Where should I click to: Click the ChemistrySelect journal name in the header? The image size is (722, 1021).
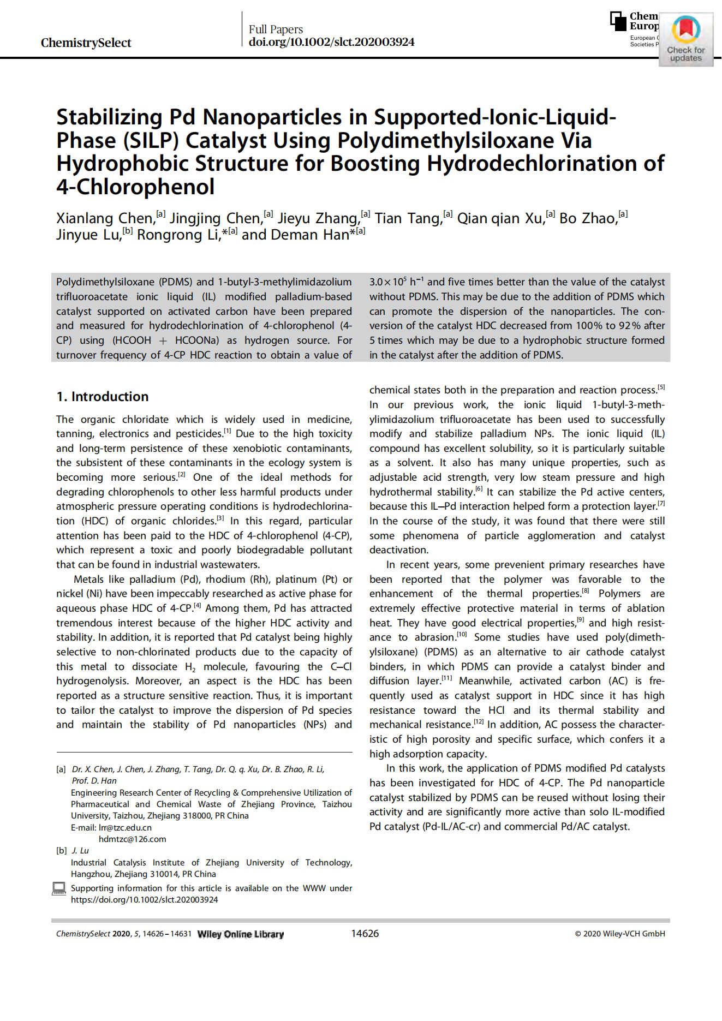point(86,43)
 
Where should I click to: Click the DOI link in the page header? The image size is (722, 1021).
point(331,42)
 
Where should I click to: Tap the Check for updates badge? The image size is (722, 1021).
point(685,39)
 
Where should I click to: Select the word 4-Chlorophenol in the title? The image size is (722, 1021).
point(135,187)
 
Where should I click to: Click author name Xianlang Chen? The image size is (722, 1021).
point(105,218)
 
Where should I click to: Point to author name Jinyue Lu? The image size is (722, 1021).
point(88,235)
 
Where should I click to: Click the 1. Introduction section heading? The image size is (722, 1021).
point(102,397)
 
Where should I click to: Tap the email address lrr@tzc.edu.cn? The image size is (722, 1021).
point(125,827)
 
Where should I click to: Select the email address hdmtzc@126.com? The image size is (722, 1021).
point(132,839)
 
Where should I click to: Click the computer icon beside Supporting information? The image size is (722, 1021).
point(59,888)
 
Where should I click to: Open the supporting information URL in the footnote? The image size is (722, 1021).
point(144,899)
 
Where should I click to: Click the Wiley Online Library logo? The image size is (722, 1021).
point(240,934)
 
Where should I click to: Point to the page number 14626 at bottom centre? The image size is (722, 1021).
point(365,933)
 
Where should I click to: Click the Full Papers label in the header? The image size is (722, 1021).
point(276,29)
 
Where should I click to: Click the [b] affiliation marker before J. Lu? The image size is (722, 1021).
point(61,850)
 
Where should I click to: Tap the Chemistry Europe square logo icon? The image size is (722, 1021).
point(618,21)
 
